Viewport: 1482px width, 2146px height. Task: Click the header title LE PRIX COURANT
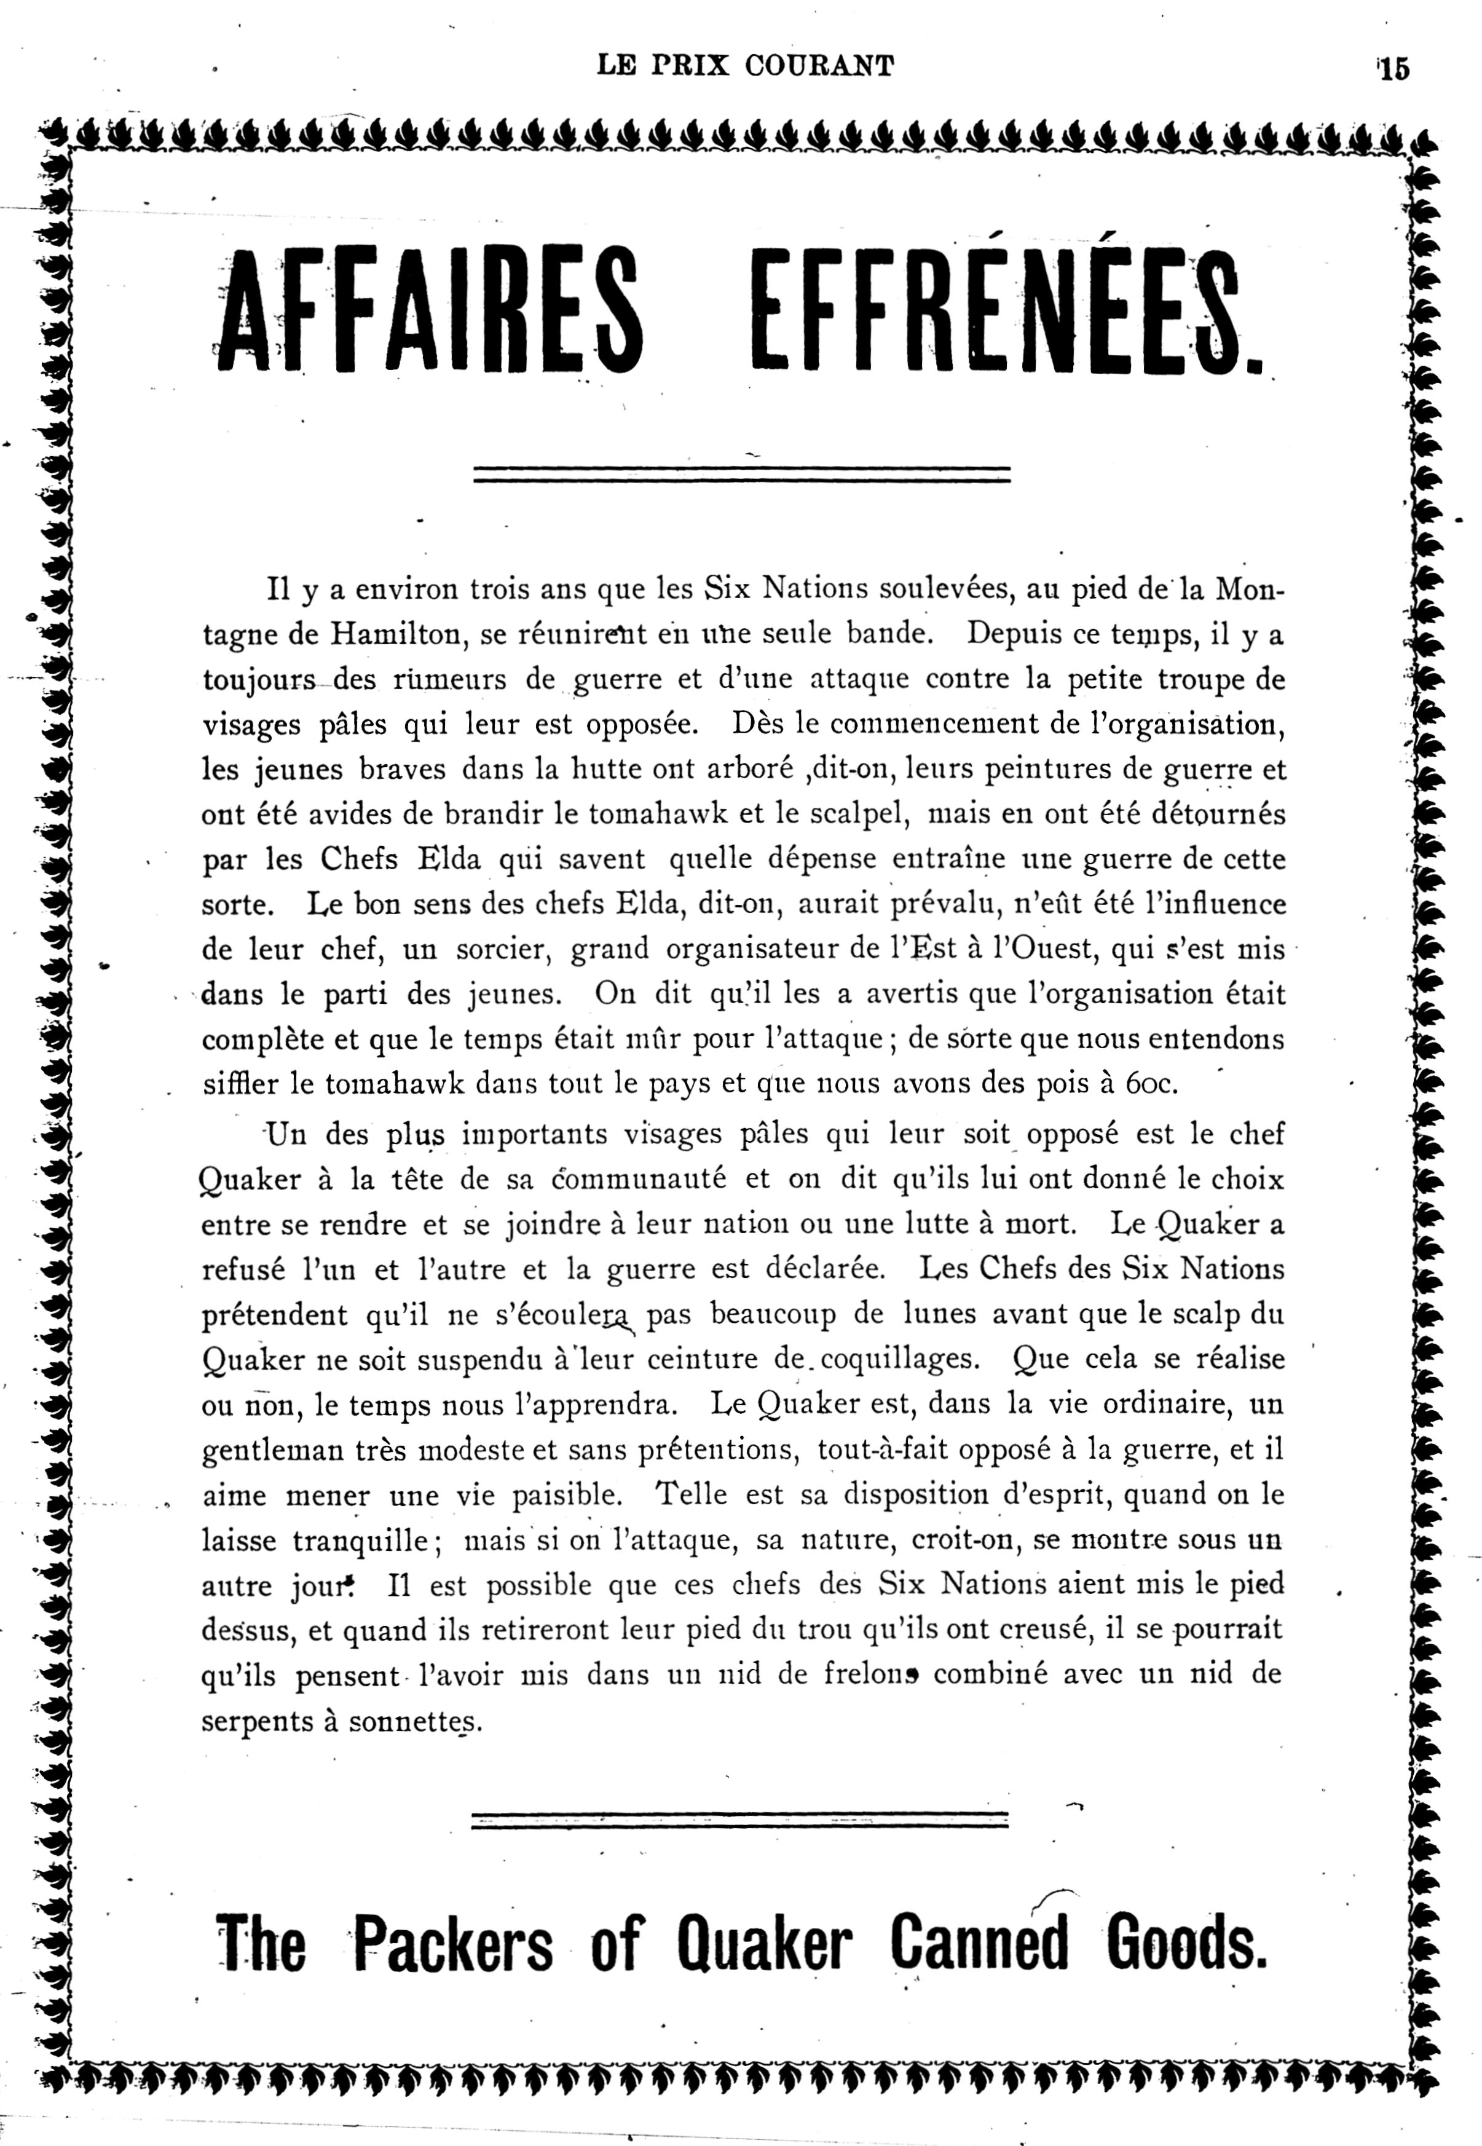[x=746, y=66]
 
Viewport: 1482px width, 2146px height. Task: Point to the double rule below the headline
[x=741, y=475]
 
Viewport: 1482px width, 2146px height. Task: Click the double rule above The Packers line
[x=740, y=1818]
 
